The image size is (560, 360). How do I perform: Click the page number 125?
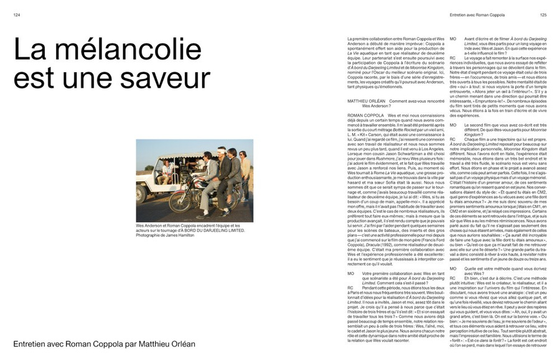click(543, 16)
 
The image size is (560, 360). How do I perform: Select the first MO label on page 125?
click(452, 39)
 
